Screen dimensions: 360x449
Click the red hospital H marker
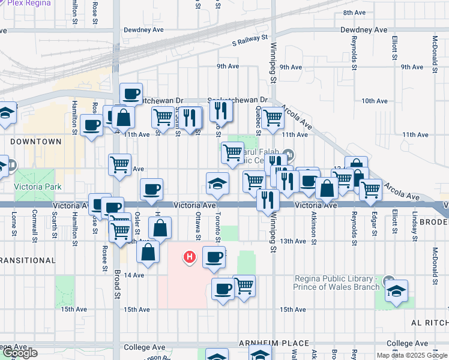pos(190,257)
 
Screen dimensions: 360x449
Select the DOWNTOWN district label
pos(35,142)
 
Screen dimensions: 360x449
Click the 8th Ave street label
pos(354,13)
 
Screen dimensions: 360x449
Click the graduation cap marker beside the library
pos(396,291)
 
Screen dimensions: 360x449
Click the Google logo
pos(20,353)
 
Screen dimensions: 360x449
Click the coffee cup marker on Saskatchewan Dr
pos(131,94)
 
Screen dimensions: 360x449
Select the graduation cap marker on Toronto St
pos(217,183)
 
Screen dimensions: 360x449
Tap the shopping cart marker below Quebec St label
pos(273,118)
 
